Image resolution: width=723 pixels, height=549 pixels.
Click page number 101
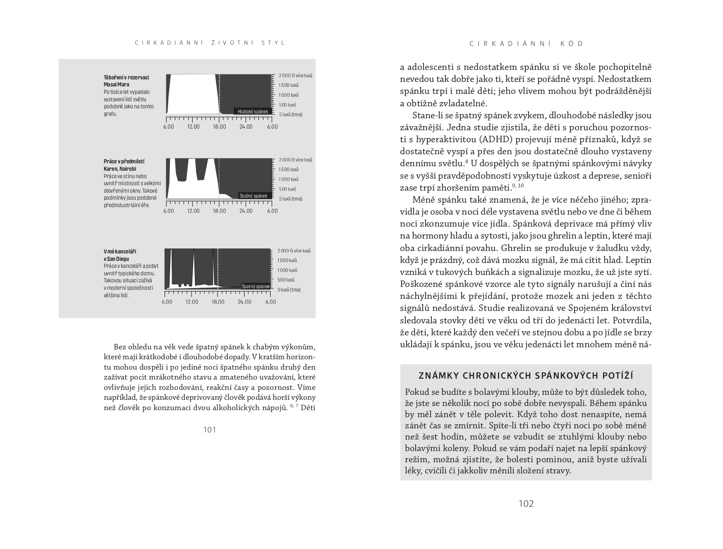[210, 430]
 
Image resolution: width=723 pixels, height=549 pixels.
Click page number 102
[526, 504]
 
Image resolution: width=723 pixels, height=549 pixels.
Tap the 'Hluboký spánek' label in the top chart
[253, 112]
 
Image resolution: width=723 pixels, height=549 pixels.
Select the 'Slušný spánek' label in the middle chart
[254, 196]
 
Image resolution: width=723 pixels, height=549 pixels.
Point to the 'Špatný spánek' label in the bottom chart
[256, 286]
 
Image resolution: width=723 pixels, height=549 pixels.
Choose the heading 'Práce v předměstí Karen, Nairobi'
[124, 165]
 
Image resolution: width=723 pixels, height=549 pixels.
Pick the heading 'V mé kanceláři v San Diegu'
[120, 255]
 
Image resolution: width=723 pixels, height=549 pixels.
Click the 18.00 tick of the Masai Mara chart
[219, 127]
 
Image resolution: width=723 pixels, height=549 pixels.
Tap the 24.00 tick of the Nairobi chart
[246, 211]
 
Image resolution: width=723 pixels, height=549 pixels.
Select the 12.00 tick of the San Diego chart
[192, 302]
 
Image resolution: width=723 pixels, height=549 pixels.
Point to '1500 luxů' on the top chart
[289, 85]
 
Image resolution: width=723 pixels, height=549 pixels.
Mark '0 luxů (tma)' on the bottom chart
[289, 290]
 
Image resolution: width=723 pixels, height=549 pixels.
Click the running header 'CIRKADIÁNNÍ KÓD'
[526, 44]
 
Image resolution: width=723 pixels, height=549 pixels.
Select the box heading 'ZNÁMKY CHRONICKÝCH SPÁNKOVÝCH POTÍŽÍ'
[526, 376]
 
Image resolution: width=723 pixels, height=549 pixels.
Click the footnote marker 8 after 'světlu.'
[467, 161]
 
